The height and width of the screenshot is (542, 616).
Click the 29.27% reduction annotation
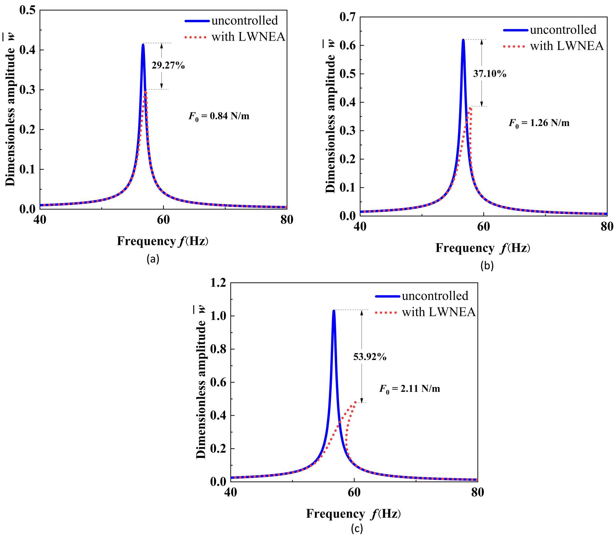click(x=168, y=65)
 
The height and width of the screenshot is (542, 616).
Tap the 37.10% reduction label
click(x=490, y=74)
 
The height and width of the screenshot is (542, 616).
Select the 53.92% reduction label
click(x=370, y=357)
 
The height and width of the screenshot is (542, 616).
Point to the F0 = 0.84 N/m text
click(x=219, y=116)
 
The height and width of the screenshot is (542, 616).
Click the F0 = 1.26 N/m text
click(x=539, y=123)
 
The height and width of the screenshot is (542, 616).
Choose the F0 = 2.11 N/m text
click(x=410, y=389)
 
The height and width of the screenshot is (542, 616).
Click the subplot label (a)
click(x=153, y=259)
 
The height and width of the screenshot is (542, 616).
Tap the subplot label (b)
click(x=487, y=266)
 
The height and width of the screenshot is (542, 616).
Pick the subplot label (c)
click(x=357, y=529)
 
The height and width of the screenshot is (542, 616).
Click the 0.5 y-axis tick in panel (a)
click(x=27, y=10)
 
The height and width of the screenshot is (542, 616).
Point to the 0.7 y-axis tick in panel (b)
click(x=347, y=17)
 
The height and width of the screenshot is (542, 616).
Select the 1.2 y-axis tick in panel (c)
click(x=218, y=283)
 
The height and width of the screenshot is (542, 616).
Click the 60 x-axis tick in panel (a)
click(x=163, y=220)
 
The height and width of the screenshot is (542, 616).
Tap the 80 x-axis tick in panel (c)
click(x=477, y=492)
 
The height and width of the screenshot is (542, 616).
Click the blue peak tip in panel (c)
click(x=334, y=311)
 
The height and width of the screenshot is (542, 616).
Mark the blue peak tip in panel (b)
click(x=463, y=40)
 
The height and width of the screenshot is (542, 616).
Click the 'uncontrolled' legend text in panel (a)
click(x=245, y=21)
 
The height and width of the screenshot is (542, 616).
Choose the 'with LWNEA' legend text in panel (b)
click(x=567, y=46)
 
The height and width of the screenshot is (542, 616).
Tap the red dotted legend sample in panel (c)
click(x=386, y=313)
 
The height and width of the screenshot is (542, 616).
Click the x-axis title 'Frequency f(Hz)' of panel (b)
click(x=483, y=248)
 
